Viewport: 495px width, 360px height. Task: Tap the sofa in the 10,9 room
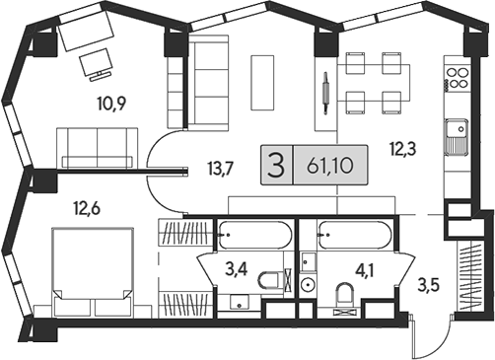click(x=98, y=148)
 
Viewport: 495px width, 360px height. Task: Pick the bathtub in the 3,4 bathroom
click(x=254, y=238)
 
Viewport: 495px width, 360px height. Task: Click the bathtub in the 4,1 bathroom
click(x=355, y=238)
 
